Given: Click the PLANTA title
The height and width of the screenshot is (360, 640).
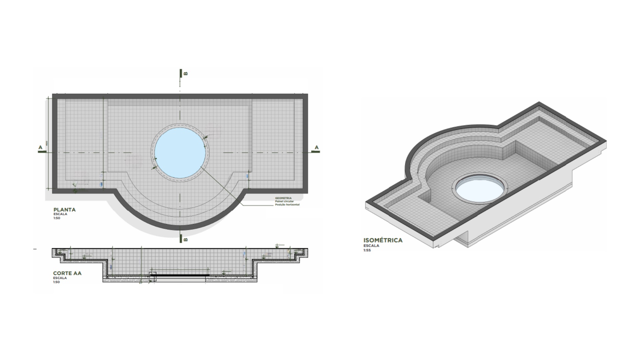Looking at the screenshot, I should [x=65, y=210].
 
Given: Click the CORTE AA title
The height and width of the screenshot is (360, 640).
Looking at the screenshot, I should [x=67, y=273].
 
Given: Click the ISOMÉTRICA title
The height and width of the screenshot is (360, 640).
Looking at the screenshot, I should [x=383, y=240].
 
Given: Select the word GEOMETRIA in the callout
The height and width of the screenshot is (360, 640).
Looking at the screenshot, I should [x=283, y=198].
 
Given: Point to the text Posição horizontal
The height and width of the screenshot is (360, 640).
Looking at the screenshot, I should [x=287, y=205].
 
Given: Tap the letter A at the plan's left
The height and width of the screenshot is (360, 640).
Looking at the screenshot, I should [x=41, y=147].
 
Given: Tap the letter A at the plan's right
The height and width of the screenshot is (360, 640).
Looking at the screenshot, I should [x=317, y=147].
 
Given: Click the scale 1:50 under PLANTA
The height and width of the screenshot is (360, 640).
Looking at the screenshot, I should [x=56, y=218].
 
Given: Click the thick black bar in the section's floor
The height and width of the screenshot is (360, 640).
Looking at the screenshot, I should [x=180, y=275].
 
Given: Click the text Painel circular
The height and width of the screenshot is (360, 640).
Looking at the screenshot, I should [x=284, y=201].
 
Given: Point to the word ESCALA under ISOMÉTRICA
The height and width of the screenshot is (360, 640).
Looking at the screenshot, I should [x=371, y=246].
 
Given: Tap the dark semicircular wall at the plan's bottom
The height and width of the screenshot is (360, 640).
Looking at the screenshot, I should [x=180, y=227].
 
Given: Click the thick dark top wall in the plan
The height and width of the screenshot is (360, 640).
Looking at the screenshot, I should [x=180, y=96].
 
